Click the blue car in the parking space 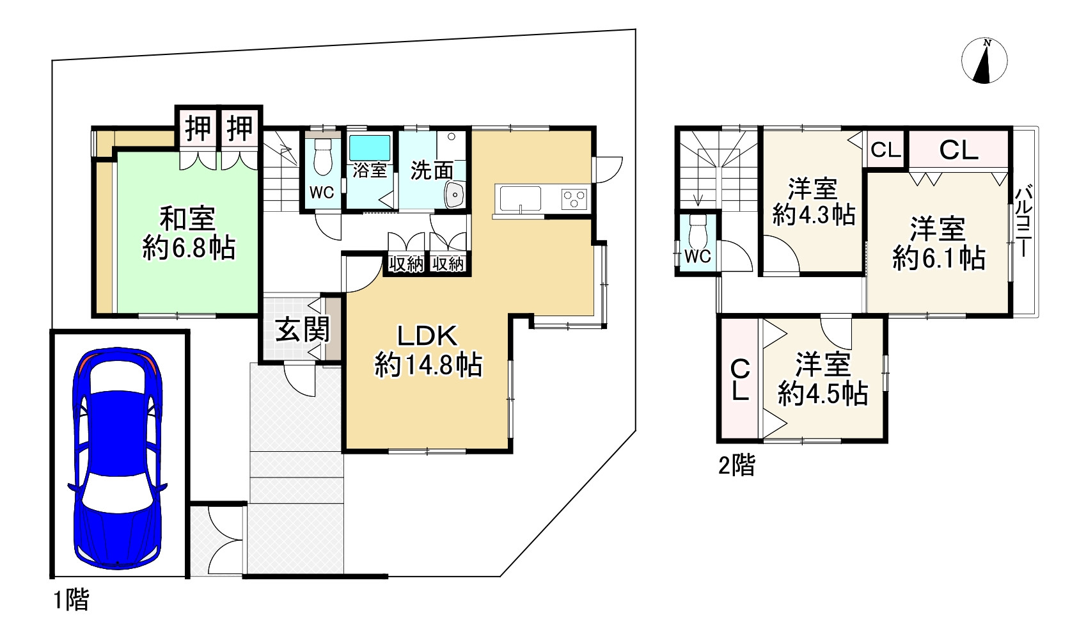click(x=117, y=458)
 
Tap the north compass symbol click(x=984, y=61)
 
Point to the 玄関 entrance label click(x=303, y=330)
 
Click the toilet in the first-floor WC click(x=322, y=157)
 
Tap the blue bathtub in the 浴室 click(x=370, y=147)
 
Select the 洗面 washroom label click(x=432, y=170)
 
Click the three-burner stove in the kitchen click(x=574, y=199)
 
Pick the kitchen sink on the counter click(x=521, y=199)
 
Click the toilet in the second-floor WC click(x=698, y=231)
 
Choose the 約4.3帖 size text click(x=814, y=214)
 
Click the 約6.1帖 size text click(x=939, y=258)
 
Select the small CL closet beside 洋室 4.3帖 click(x=886, y=150)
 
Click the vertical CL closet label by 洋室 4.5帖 click(x=740, y=380)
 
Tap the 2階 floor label click(x=736, y=465)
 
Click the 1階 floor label click(x=71, y=599)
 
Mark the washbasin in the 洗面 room click(x=454, y=195)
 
